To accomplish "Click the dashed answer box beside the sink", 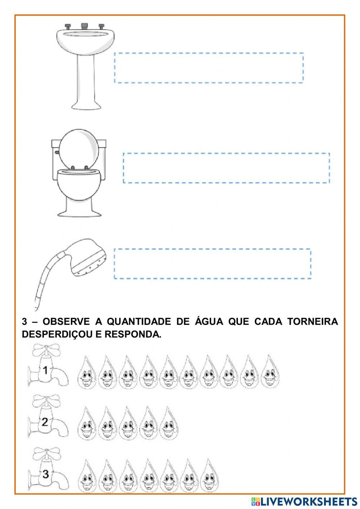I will [x=209, y=68].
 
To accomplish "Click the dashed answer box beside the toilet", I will [x=226, y=168].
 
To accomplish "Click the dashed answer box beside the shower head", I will [x=212, y=263].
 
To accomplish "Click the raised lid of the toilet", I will [x=78, y=148].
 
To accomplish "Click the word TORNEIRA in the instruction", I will [x=312, y=322].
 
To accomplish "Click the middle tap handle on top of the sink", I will [x=85, y=26].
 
